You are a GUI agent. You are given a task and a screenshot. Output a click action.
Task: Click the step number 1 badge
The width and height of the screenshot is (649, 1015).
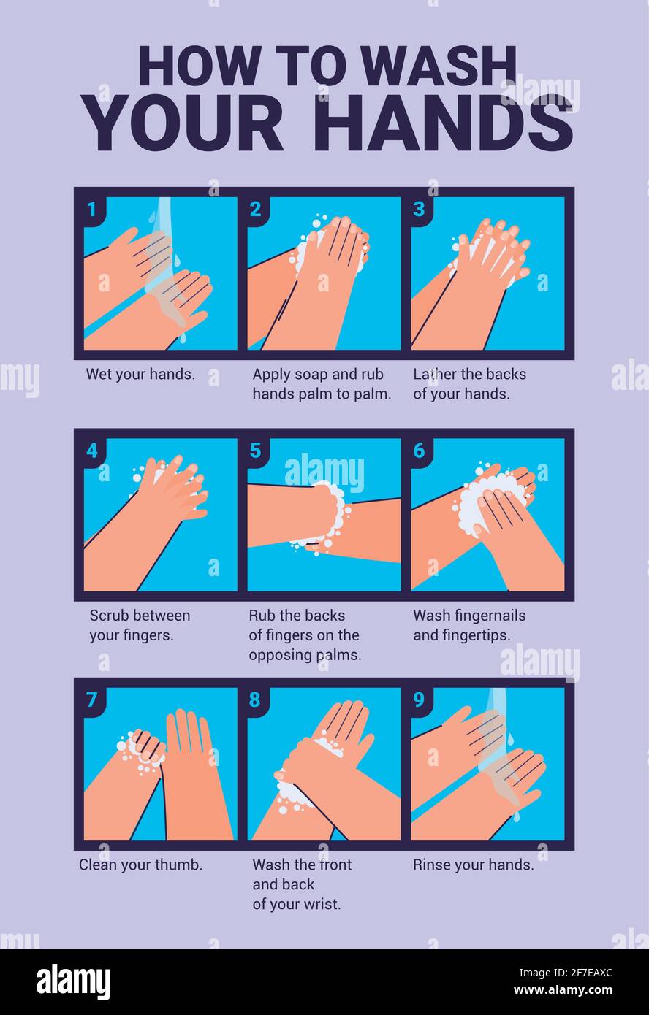[91, 210]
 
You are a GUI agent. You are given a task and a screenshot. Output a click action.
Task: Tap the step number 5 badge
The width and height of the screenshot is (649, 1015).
[255, 451]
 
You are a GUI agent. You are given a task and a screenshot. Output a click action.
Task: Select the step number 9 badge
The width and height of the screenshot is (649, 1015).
[419, 700]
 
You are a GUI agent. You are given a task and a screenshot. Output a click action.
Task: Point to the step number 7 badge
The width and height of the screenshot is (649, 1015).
[91, 700]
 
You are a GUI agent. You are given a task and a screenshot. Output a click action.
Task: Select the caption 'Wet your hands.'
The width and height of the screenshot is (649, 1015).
[140, 375]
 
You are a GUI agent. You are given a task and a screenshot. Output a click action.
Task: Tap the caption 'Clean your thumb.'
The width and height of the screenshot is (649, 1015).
[140, 865]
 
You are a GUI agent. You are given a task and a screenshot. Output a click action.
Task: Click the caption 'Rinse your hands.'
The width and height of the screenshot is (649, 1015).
[473, 865]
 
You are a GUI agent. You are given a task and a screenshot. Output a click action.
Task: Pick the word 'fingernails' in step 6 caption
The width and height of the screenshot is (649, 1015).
[490, 616]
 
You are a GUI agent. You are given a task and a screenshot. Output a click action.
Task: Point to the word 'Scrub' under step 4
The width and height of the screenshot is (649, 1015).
[110, 616]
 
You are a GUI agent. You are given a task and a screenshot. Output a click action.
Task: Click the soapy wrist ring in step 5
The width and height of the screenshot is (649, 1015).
[333, 515]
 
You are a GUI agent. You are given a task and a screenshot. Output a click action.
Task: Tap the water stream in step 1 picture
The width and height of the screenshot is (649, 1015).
[162, 241]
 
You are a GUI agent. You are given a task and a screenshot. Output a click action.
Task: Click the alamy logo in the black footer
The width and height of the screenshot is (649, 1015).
[73, 982]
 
